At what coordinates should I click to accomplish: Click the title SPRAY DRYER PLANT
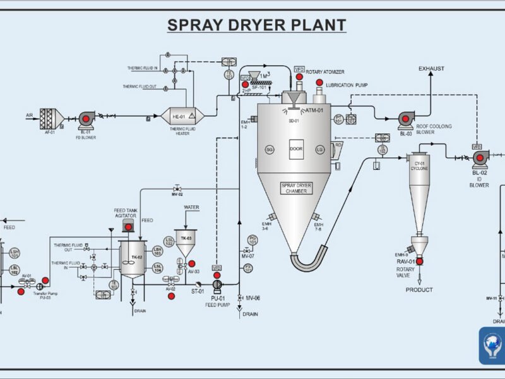tap(256, 25)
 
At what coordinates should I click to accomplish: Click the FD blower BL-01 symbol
tap(86, 118)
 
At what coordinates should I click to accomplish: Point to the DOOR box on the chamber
tap(297, 149)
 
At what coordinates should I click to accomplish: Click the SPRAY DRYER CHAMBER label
tap(297, 188)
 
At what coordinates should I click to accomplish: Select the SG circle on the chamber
tap(270, 150)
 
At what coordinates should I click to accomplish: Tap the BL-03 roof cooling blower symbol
tap(405, 118)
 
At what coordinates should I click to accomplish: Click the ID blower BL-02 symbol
tap(479, 158)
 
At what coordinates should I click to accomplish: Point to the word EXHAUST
tap(431, 68)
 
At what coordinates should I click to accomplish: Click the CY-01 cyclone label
tap(419, 166)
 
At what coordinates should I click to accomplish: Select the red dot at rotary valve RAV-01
tap(419, 261)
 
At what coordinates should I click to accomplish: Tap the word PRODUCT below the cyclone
tap(419, 290)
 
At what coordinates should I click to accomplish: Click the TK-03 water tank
tap(186, 243)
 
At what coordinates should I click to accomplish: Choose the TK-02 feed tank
tap(133, 259)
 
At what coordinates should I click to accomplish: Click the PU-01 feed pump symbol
tap(218, 284)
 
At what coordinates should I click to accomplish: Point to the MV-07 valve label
tap(247, 256)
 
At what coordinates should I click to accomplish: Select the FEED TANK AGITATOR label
tap(125, 213)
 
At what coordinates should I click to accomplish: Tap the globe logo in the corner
tap(492, 346)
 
